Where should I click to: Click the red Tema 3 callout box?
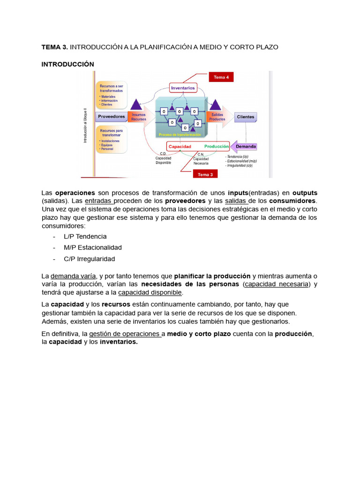pyautogui.click(x=205, y=174)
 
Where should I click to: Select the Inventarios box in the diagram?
pyautogui.click(x=183, y=88)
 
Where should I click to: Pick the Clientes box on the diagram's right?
pyautogui.click(x=246, y=117)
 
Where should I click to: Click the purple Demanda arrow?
pyautogui.click(x=244, y=146)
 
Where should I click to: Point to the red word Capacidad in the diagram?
pyautogui.click(x=180, y=147)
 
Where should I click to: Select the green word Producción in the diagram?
pyautogui.click(x=216, y=147)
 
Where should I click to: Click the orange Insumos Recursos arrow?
pyautogui.click(x=138, y=117)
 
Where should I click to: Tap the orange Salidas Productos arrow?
pyautogui.click(x=217, y=117)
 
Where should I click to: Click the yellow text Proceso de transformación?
pyautogui.click(x=180, y=135)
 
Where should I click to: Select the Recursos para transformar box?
pyautogui.click(x=112, y=139)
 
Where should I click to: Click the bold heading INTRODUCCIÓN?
pyautogui.click(x=67, y=64)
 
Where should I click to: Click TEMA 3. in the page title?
pyautogui.click(x=54, y=47)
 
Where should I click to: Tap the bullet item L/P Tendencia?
pyautogui.click(x=85, y=236)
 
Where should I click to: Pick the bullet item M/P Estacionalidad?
pyautogui.click(x=92, y=247)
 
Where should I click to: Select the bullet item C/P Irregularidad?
pyautogui.click(x=89, y=259)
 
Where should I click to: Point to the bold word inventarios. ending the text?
pyautogui.click(x=119, y=342)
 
